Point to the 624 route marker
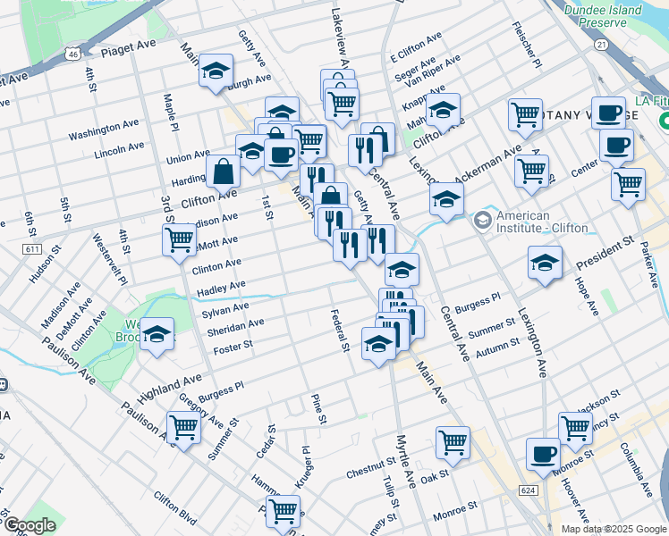[528, 490]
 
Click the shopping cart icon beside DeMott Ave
[179, 239]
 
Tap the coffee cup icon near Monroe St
[543, 454]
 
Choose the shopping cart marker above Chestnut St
[453, 442]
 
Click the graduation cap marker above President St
[544, 264]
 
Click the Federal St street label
[338, 331]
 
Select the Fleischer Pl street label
[531, 52]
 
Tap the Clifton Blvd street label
[174, 507]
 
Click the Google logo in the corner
[29, 525]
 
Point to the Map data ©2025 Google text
[614, 529]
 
